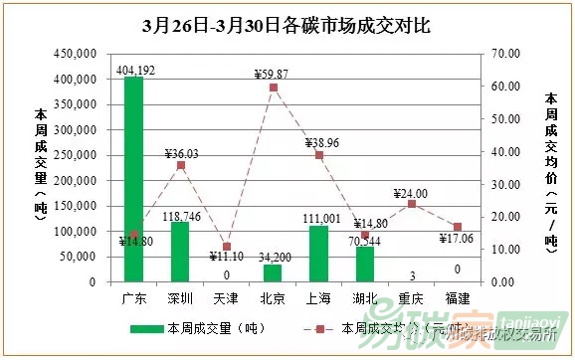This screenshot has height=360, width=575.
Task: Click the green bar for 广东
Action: (134, 179)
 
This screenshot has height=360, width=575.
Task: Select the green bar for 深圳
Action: (180, 252)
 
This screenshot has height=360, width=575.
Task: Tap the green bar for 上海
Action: (318, 254)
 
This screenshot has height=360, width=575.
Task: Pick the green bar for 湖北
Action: (365, 264)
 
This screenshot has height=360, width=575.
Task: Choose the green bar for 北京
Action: (273, 272)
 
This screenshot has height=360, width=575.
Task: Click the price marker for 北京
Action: (273, 88)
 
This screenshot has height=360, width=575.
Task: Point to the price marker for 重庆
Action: (411, 204)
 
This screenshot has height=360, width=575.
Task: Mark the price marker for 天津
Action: (227, 246)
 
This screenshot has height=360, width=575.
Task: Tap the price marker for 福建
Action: (458, 227)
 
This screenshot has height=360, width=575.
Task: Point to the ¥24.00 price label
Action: (410, 193)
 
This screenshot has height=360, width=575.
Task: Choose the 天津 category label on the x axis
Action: (227, 297)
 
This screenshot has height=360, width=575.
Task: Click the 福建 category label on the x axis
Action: (458, 297)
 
